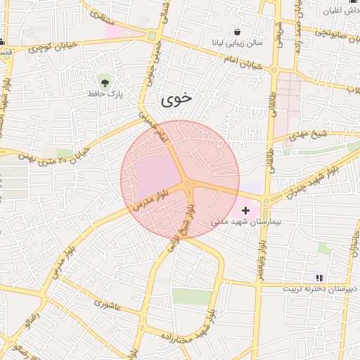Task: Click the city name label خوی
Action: (x=176, y=99)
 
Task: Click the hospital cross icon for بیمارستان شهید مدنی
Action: (x=245, y=210)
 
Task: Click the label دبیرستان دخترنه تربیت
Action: (x=320, y=289)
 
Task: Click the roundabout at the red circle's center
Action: (x=187, y=184)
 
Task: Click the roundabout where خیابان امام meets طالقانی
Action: (x=274, y=70)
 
